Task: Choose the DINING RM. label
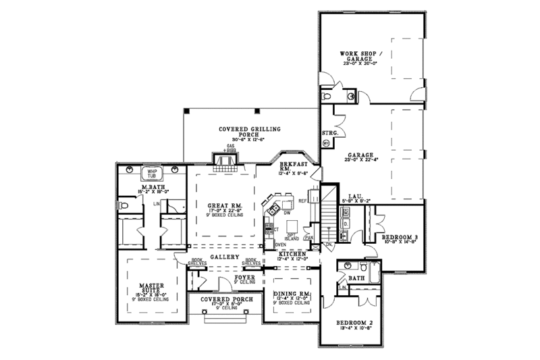[292, 294]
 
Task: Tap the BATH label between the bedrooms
[356, 278]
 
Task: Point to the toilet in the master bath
[123, 204]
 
